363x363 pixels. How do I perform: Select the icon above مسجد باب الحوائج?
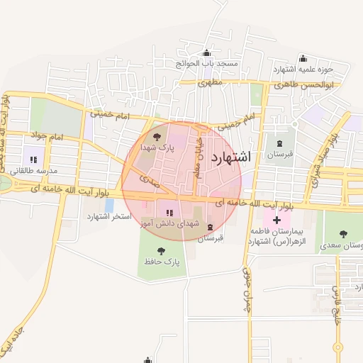(x=206, y=53)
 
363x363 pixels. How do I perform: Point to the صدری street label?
(x=149, y=181)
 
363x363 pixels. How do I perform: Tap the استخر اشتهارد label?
(x=109, y=216)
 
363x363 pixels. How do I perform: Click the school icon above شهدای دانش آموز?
(x=169, y=212)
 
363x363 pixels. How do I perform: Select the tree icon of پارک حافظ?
(x=160, y=250)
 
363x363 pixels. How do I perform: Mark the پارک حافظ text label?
(x=160, y=262)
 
